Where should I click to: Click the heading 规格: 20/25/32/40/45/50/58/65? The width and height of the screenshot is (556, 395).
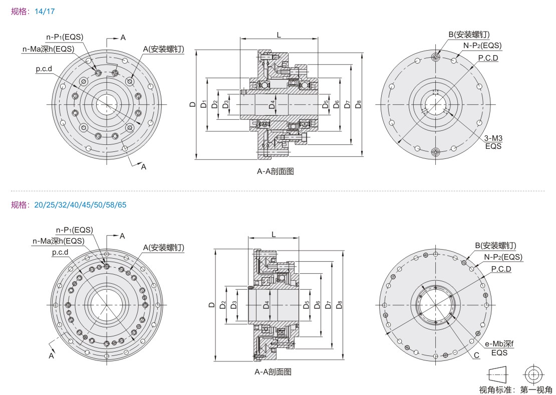click(x=69, y=205)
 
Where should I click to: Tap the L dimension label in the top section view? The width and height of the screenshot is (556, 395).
click(x=279, y=34)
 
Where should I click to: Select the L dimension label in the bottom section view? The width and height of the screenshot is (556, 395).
click(x=273, y=234)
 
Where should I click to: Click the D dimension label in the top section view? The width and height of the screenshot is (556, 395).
click(x=192, y=104)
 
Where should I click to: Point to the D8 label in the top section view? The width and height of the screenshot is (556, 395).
click(x=358, y=104)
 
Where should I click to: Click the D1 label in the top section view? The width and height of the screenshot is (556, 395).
click(x=203, y=104)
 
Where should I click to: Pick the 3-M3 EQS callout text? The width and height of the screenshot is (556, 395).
click(x=493, y=142)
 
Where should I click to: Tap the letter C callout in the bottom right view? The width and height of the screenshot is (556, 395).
click(x=476, y=355)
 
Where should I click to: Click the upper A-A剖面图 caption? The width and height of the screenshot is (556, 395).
click(x=275, y=171)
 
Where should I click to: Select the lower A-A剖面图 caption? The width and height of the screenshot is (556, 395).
click(x=273, y=371)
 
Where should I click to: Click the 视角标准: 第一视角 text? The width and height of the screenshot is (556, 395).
click(x=515, y=389)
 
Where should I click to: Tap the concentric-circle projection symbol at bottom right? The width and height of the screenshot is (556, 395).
click(x=532, y=374)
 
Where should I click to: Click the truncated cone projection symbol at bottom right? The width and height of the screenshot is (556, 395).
click(x=497, y=374)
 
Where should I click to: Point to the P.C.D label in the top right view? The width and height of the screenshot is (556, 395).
click(x=487, y=58)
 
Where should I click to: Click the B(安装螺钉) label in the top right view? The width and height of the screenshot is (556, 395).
click(x=468, y=34)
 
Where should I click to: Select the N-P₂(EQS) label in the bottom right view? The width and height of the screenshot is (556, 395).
click(x=503, y=257)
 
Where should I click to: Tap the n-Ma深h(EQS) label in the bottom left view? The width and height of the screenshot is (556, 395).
click(x=58, y=241)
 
